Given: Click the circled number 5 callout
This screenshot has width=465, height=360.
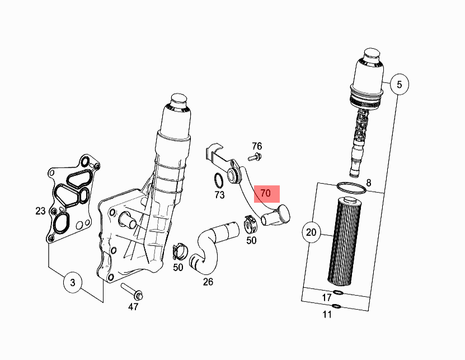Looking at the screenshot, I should pos(399,85).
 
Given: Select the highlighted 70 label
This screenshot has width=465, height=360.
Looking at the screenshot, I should pos(266,193).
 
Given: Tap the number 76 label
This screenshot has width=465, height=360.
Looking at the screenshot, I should pos(257,146).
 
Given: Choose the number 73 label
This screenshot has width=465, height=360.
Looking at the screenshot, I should pos(219,195).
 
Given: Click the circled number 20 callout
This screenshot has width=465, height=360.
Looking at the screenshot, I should pos(312,231).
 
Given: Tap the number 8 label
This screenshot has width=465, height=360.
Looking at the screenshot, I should pos(369,183).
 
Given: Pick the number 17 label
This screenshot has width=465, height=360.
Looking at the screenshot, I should pos(327,297).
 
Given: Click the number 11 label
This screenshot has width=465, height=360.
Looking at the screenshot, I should pos(327,314).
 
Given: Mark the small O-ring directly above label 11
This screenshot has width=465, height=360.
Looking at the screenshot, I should pos(336,306).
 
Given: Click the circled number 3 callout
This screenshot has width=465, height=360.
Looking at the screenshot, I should pos(72,283).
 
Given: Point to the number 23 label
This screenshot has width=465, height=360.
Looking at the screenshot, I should pos(40,211).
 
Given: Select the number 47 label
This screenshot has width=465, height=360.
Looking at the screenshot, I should pos(133,307).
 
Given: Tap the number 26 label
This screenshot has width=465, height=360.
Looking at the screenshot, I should pos(208,282).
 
